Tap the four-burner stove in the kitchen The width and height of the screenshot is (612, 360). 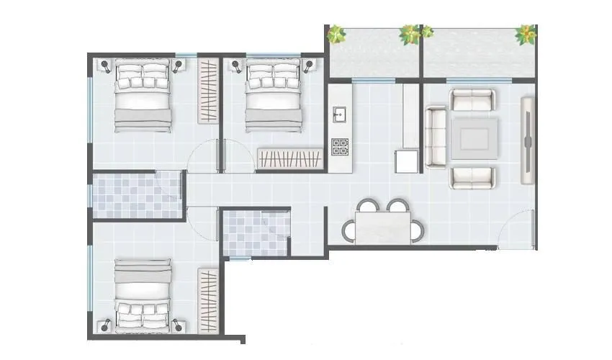(340, 147)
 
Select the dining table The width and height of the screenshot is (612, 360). (383, 228)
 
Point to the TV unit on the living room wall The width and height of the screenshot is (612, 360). (528, 140)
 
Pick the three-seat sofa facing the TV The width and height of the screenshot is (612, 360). (436, 137)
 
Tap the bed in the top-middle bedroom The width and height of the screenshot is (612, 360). (272, 96)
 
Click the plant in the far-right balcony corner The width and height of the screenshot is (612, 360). (526, 33)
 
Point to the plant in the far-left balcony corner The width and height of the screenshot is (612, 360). (336, 33)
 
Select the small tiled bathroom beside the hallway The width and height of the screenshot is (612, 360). (256, 232)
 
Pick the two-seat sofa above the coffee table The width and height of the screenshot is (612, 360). (473, 99)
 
